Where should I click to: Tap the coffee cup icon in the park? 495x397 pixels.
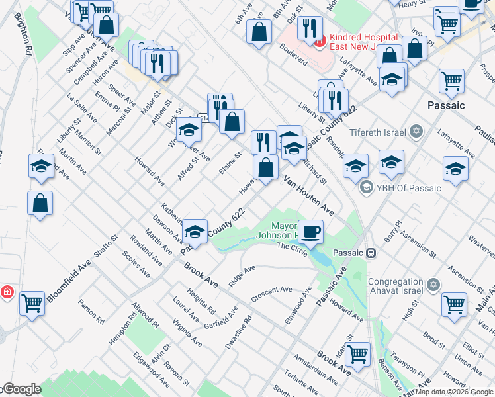coord(310,232)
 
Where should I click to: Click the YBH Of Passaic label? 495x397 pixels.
coord(408,188)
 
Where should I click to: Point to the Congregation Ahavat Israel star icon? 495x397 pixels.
coord(433,285)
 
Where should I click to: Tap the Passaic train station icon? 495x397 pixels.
coord(372,253)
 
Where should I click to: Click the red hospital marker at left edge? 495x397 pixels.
coord(7,292)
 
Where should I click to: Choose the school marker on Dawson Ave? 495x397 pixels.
coord(195,231)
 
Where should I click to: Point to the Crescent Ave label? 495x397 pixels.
coord(272,294)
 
